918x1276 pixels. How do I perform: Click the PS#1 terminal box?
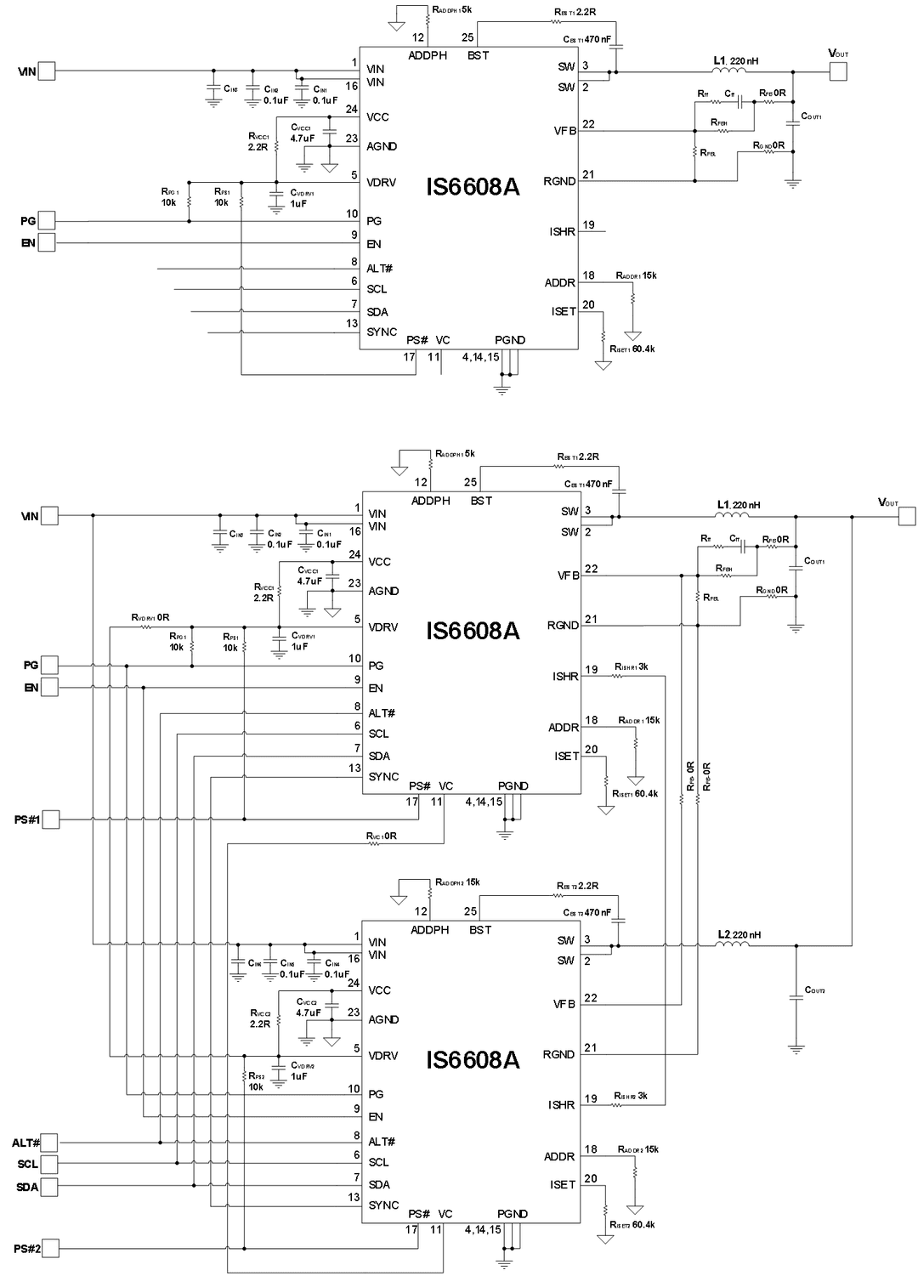click(x=50, y=819)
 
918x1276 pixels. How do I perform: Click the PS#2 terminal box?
click(x=50, y=1248)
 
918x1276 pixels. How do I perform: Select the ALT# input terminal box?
click(x=50, y=1143)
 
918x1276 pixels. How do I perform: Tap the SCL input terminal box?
click(x=50, y=1164)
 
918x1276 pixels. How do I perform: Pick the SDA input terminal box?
click(x=50, y=1186)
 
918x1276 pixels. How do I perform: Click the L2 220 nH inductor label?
click(x=739, y=934)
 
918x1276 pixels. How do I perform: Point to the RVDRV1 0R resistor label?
click(x=150, y=617)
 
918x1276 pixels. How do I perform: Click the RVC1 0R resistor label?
click(x=382, y=836)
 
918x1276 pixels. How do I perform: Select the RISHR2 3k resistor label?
click(x=630, y=1096)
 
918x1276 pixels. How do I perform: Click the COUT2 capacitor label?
click(x=815, y=990)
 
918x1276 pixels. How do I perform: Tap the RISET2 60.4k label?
click(x=632, y=1224)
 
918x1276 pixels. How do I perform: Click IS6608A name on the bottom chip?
click(x=473, y=1059)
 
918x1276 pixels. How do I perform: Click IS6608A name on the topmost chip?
click(x=473, y=186)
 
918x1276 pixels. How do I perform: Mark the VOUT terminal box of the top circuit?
click(x=838, y=72)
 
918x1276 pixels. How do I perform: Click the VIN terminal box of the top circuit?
click(x=46, y=71)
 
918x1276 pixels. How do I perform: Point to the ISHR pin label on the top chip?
click(x=562, y=231)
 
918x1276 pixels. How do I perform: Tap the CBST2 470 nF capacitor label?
click(x=586, y=912)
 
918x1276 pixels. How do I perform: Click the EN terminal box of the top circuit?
click(x=46, y=243)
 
